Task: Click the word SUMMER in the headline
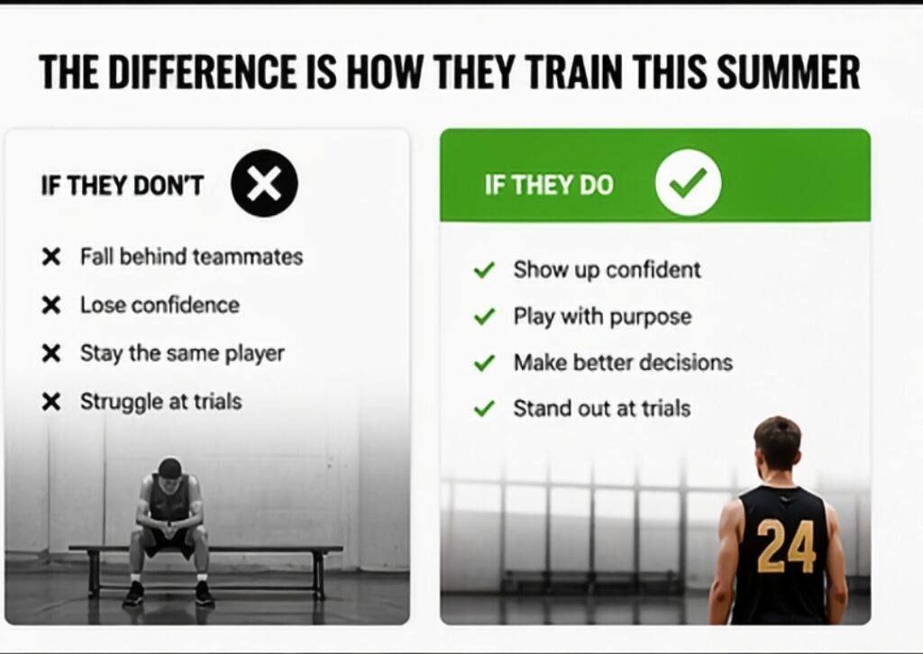(x=788, y=72)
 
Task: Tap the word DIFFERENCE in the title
(x=203, y=72)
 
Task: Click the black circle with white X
(x=264, y=183)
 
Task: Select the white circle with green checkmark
(x=688, y=182)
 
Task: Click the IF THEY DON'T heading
(x=122, y=186)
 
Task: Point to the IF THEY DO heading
(x=549, y=185)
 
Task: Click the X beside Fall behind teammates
(x=51, y=257)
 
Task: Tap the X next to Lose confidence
(x=51, y=305)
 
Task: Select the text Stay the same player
(x=182, y=354)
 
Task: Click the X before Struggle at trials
(x=51, y=403)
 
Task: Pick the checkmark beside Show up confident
(x=484, y=270)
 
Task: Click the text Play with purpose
(x=602, y=317)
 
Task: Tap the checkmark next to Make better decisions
(x=484, y=363)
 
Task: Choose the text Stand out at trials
(x=601, y=408)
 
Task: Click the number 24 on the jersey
(x=786, y=547)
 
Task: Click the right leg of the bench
(x=318, y=574)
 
